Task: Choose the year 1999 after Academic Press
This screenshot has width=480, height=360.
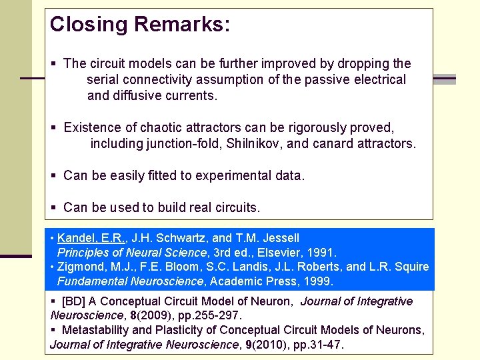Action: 319,281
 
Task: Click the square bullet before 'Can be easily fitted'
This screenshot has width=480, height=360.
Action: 54,177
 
